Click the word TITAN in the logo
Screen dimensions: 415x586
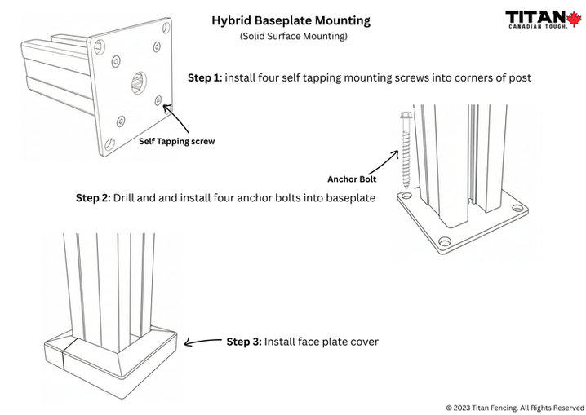[533, 16]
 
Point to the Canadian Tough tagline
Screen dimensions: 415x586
[539, 29]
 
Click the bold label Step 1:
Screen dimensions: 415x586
[205, 77]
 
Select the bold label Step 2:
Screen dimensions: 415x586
[93, 197]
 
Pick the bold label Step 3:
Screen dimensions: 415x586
[243, 342]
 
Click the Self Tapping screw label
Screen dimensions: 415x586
[176, 141]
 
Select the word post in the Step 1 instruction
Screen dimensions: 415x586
[518, 77]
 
